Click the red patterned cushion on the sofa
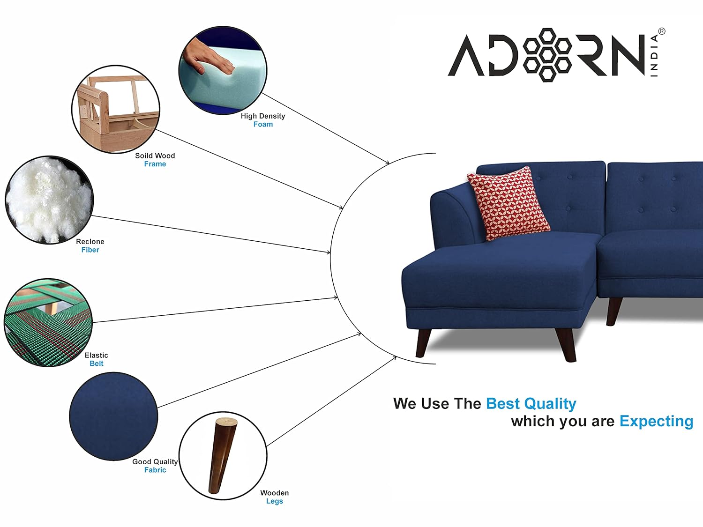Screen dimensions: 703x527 tap(509, 203)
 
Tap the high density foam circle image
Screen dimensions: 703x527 tap(223, 70)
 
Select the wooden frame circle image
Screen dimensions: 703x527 tap(116, 109)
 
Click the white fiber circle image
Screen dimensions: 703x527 tap(49, 200)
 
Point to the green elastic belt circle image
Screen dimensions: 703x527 tap(48, 323)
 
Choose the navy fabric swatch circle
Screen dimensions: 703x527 tap(113, 416)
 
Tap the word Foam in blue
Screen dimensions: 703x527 tap(263, 124)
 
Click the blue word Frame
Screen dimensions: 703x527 tap(155, 164)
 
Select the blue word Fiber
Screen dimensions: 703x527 tap(90, 250)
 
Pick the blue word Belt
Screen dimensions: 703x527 tap(97, 364)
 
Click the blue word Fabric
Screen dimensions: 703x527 tap(155, 470)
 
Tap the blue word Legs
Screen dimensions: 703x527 tap(275, 501)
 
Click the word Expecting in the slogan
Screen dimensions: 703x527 tap(656, 422)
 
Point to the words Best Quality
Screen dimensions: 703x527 tap(531, 403)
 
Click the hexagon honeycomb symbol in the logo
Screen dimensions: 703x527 tap(547, 55)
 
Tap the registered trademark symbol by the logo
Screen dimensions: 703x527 tap(661, 31)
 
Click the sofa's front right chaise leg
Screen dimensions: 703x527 tap(566, 345)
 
